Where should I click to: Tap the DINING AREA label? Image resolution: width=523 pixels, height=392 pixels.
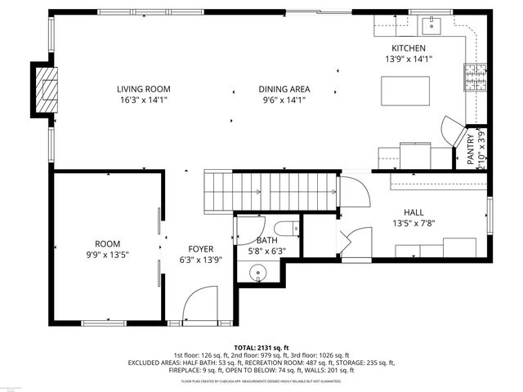(x=284, y=90)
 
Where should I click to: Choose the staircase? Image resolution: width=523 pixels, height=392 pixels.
(x=270, y=192)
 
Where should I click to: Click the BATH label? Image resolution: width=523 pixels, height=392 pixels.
(x=266, y=240)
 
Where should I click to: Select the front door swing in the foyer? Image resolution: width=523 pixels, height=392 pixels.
(x=199, y=307)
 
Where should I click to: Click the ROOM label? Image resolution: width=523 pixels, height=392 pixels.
(x=107, y=244)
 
